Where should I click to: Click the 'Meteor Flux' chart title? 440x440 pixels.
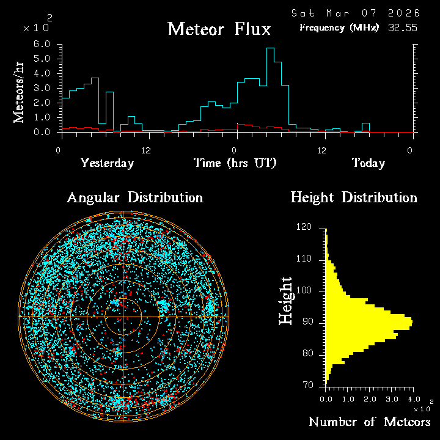(x=219, y=29)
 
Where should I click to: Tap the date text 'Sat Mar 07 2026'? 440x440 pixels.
(x=356, y=13)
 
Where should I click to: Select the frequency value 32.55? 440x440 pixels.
(x=403, y=28)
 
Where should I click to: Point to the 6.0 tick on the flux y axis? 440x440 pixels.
(x=41, y=45)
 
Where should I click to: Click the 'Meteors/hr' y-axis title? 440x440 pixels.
(x=20, y=92)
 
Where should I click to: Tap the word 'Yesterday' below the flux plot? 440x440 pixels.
(x=107, y=163)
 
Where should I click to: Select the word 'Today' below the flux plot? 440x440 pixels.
(x=368, y=163)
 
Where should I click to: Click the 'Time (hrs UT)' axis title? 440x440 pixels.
(x=235, y=163)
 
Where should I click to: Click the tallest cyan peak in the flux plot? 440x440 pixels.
(x=269, y=48)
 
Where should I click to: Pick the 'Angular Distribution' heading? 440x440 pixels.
(x=134, y=197)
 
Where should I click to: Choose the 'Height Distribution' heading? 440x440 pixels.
(x=354, y=197)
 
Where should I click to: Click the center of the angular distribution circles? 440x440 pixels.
(x=123, y=317)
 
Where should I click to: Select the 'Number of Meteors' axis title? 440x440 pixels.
(x=369, y=422)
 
